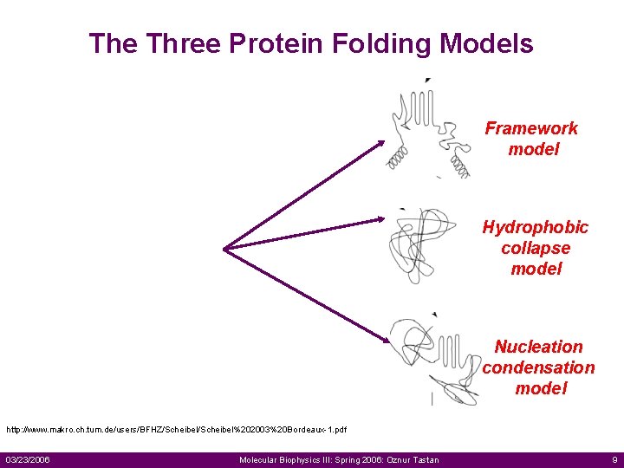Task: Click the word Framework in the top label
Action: coord(531,128)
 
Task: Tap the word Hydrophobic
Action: coord(535,227)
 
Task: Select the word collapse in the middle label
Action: coord(535,248)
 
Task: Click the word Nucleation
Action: coord(538,347)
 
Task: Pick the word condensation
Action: coord(538,367)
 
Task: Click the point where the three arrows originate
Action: coord(225,249)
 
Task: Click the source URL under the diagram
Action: coord(177,430)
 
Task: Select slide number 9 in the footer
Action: coord(614,459)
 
